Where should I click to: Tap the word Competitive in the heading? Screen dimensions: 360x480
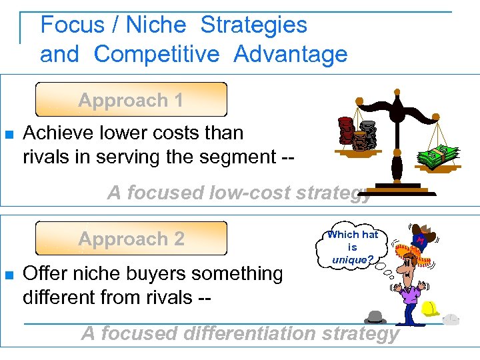pos(157,55)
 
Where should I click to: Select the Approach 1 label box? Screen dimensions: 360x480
pos(131,101)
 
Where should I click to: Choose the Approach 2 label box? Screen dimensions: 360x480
pos(131,239)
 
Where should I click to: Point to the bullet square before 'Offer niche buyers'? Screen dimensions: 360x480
pos(9,275)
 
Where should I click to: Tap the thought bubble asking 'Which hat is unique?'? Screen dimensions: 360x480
pos(353,247)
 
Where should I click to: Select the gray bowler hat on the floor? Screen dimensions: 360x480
pos(375,317)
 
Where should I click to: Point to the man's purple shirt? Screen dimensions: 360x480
pos(412,293)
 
